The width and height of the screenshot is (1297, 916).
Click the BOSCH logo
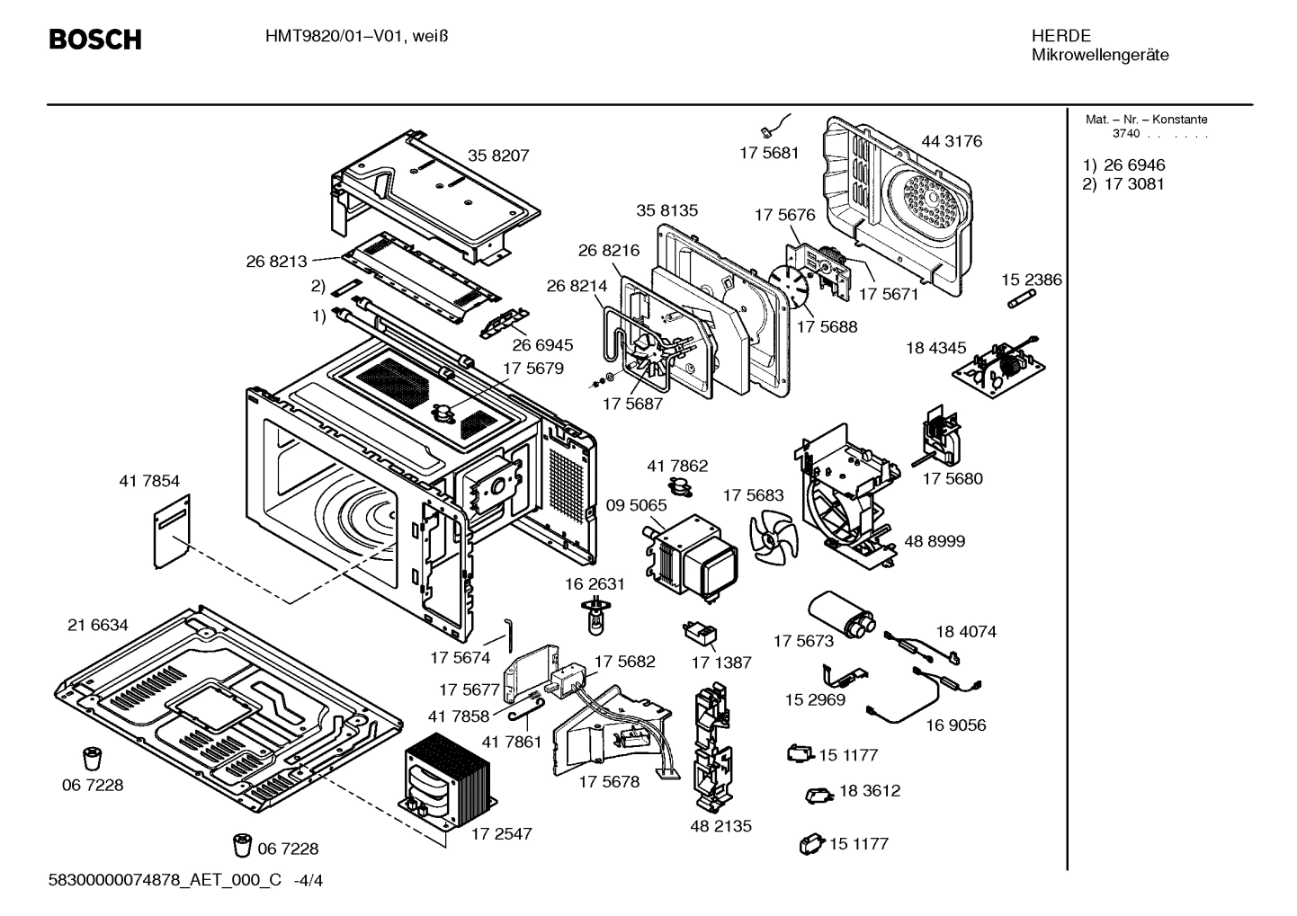pos(94,40)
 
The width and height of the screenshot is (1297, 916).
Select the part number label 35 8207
pos(498,156)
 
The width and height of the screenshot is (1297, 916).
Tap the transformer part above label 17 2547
pos(447,777)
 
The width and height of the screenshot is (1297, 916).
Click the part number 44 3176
pos(952,141)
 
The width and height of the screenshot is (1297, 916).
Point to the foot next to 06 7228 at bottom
pos(243,846)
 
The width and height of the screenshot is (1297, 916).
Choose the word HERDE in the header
pos(1061,36)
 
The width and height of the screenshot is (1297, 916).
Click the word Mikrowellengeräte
pos(1100,55)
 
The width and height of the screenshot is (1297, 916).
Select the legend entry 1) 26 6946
pos(1124,165)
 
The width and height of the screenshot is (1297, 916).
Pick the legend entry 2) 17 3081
pos(1124,184)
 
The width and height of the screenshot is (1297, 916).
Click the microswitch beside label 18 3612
pos(818,795)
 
